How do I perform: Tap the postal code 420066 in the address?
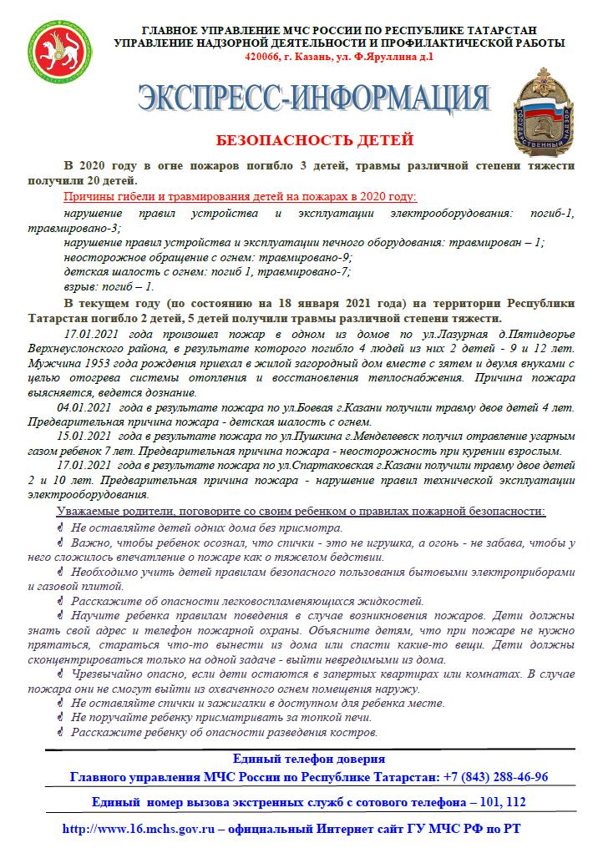pos(263,57)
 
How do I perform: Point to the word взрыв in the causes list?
pos(80,285)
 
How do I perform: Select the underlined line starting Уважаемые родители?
pos(301,510)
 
